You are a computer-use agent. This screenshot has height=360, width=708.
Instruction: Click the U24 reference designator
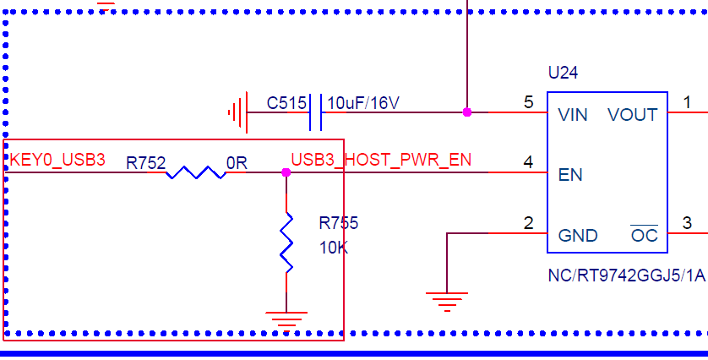click(563, 74)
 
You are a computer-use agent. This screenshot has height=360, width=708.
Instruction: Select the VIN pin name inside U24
click(573, 115)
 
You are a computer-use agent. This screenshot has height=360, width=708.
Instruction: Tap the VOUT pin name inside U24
click(632, 115)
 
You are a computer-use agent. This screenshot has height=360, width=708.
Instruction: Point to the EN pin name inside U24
click(570, 176)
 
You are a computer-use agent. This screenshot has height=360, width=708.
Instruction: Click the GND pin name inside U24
click(578, 236)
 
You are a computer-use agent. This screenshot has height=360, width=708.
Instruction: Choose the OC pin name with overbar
click(645, 236)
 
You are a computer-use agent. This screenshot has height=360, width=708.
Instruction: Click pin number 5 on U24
click(529, 103)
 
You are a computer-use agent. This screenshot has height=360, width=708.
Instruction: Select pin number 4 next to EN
click(529, 163)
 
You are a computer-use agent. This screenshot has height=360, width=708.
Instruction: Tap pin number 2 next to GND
click(529, 224)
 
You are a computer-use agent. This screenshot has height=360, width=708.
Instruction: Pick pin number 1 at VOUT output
click(687, 103)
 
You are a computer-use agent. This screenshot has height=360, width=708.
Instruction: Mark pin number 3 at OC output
click(687, 224)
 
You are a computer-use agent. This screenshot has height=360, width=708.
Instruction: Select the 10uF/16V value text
click(362, 103)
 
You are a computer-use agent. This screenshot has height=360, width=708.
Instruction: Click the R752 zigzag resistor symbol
click(194, 172)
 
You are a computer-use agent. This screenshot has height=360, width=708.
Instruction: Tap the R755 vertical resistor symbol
click(286, 243)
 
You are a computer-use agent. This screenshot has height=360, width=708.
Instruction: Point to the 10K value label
click(333, 248)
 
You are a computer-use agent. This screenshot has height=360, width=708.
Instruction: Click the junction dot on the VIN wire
click(466, 112)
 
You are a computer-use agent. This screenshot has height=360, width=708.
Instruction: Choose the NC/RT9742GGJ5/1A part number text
click(626, 275)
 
